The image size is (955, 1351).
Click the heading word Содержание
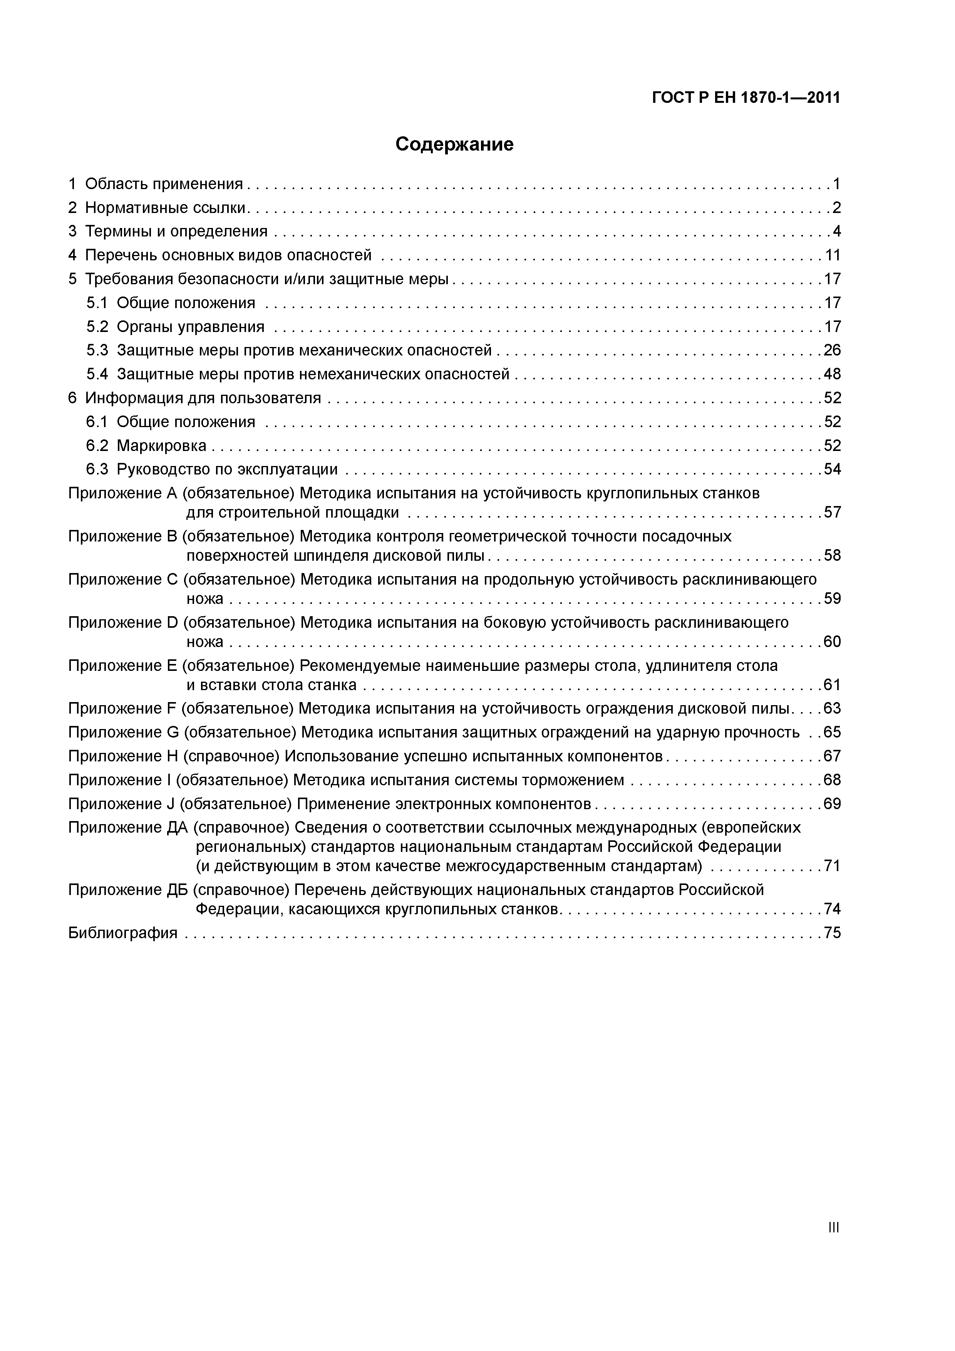(454, 144)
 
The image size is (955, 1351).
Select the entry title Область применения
(164, 184)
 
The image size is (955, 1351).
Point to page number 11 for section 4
(833, 255)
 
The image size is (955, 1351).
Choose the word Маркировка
(161, 446)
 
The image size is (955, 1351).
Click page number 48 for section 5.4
(832, 374)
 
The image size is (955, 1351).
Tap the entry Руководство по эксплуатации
(227, 469)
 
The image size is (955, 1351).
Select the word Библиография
(122, 933)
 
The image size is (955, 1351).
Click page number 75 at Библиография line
(832, 933)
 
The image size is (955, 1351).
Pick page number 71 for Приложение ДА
(832, 866)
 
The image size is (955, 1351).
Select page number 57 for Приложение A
(832, 513)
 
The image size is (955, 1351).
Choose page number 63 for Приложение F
(832, 709)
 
